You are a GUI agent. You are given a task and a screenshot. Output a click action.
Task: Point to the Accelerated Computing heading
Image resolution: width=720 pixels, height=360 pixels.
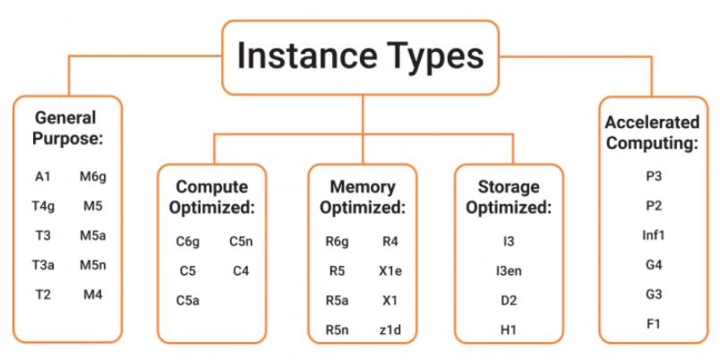tap(651, 132)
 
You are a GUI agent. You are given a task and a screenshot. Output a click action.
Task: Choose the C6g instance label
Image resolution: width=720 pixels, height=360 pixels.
tap(188, 241)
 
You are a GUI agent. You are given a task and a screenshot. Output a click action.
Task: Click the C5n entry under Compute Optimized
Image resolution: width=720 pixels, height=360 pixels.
tap(242, 241)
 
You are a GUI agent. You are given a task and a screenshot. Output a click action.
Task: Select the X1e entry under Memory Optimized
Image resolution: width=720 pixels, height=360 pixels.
tap(391, 270)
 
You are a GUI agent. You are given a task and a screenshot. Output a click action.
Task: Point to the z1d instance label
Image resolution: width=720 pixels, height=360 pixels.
tap(390, 329)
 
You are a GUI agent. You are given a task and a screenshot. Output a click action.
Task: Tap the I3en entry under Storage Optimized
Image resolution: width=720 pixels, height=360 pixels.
tap(509, 270)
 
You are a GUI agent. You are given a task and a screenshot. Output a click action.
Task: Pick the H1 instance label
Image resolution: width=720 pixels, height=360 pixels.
tap(509, 329)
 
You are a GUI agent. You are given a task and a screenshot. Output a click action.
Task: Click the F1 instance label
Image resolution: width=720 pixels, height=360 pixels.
tap(651, 321)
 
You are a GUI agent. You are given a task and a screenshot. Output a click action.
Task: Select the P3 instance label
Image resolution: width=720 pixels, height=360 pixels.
tap(651, 176)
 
